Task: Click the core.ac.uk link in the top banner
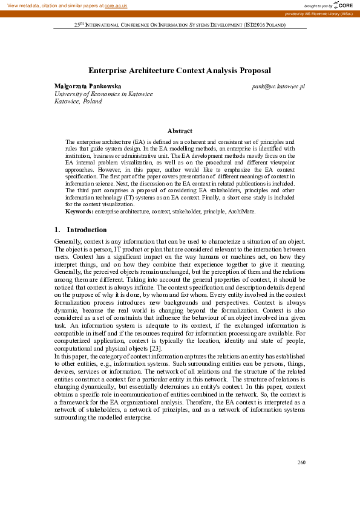(x=116, y=5)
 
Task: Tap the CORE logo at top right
(x=344, y=5)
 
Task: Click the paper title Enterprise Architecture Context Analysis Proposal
(x=179, y=71)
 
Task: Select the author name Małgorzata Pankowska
(x=88, y=86)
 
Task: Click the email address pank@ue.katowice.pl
(x=278, y=86)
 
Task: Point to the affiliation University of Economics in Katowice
(x=103, y=94)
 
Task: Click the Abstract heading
(x=180, y=131)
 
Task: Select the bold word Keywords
(x=79, y=211)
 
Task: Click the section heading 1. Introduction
(x=80, y=230)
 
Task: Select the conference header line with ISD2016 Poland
(x=180, y=25)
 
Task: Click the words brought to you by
(x=318, y=5)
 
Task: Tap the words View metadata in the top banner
(x=24, y=5)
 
